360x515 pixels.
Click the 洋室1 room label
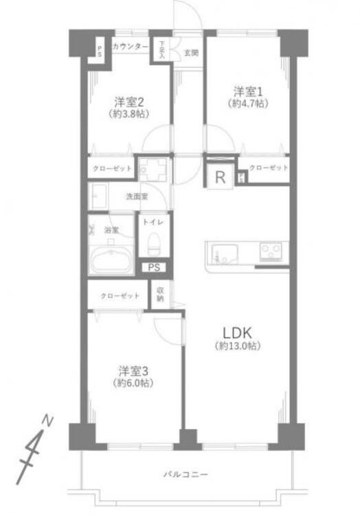pyautogui.click(x=247, y=91)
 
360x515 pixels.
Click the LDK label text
pyautogui.click(x=237, y=332)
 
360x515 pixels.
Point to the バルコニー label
pyautogui.click(x=185, y=474)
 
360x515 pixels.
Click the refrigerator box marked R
pyautogui.click(x=221, y=177)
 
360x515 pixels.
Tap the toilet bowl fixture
pyautogui.click(x=154, y=242)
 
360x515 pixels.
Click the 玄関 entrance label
pyautogui.click(x=190, y=53)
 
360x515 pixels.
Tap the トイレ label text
pyautogui.click(x=151, y=221)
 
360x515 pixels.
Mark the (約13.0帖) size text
pyautogui.click(x=237, y=346)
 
